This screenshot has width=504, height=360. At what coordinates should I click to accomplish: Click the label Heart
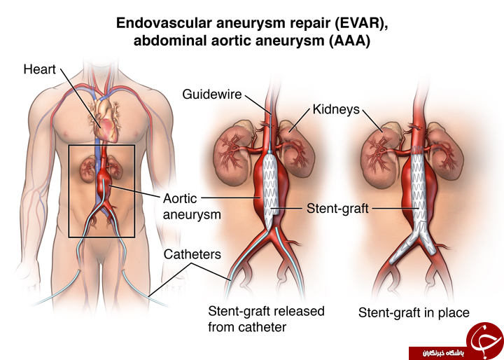pos(39,69)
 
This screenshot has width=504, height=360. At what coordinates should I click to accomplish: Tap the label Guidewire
pos(212,95)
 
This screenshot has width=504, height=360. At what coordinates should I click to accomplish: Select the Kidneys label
pos(336,109)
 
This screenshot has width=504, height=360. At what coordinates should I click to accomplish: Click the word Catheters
pos(192,254)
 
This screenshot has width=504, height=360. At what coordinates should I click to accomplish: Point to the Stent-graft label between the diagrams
pos(337,209)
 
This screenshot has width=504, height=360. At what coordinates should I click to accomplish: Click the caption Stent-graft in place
pos(414,312)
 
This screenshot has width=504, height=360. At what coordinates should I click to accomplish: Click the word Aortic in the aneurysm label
pos(180,198)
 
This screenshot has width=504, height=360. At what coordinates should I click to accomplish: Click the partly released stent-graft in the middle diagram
pos(270,188)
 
